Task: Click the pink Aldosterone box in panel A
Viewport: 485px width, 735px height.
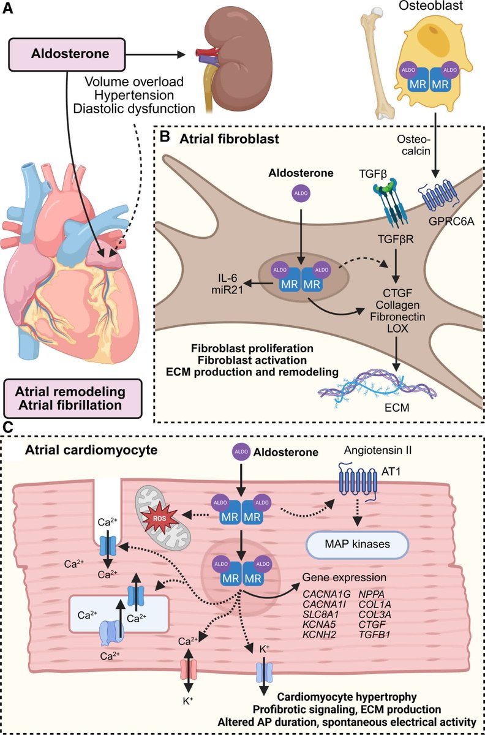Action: pyautogui.click(x=67, y=55)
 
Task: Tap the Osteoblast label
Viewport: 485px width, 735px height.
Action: pyautogui.click(x=430, y=6)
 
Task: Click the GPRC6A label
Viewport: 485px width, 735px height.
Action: pyautogui.click(x=451, y=222)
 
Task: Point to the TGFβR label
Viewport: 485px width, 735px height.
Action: pyautogui.click(x=396, y=239)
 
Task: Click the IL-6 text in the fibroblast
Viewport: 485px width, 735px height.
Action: pyautogui.click(x=227, y=278)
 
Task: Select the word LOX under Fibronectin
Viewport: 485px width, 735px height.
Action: pyautogui.click(x=397, y=328)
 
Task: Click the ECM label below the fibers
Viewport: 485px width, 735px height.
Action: pyautogui.click(x=397, y=407)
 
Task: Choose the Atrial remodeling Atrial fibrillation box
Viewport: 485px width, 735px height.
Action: pyautogui.click(x=72, y=398)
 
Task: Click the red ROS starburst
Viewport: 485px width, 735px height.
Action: pyautogui.click(x=160, y=519)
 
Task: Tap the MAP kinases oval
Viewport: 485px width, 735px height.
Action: pyautogui.click(x=357, y=544)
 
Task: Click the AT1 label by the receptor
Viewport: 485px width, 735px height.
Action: pyautogui.click(x=391, y=472)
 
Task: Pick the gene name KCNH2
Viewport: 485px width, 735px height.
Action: pyautogui.click(x=319, y=635)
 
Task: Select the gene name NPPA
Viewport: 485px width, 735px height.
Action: pyautogui.click(x=371, y=594)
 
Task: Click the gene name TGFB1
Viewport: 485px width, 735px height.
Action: pyautogui.click(x=374, y=635)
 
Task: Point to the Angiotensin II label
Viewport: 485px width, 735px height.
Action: pyautogui.click(x=378, y=450)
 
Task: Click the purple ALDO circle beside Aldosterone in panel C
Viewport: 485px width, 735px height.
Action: pyautogui.click(x=241, y=451)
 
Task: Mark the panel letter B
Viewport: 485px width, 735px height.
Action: pyautogui.click(x=165, y=137)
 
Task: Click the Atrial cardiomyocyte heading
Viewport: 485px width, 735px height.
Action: pyautogui.click(x=91, y=450)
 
